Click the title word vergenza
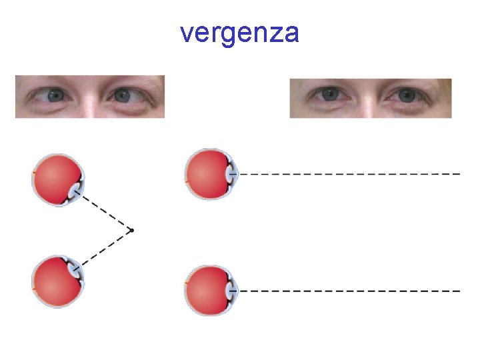pos(239,33)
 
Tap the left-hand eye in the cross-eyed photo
pos(55,96)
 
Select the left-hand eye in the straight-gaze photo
pos(329,95)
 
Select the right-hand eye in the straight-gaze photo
pos(406,95)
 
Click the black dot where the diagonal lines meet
pos(132,230)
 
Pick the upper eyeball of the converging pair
pos(58,179)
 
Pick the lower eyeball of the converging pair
pos(58,281)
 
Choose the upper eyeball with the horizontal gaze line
pos(210,173)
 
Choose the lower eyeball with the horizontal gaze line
pos(210,291)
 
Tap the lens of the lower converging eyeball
pos(75,269)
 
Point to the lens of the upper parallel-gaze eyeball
pos(231,173)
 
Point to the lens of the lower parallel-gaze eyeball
pos(231,291)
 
